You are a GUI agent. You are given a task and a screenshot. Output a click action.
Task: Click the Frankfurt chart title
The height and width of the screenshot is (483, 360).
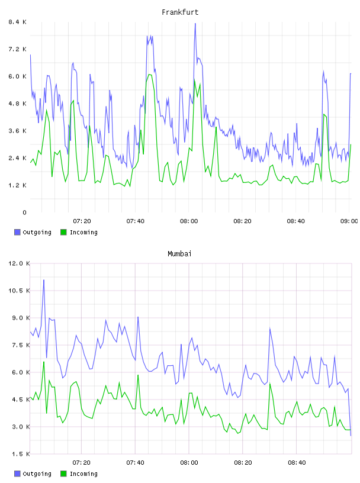[x=180, y=12]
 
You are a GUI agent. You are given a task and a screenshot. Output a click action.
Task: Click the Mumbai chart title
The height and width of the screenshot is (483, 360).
[x=179, y=253]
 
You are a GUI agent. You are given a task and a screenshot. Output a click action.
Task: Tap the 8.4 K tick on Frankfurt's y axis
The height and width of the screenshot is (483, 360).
[x=17, y=22]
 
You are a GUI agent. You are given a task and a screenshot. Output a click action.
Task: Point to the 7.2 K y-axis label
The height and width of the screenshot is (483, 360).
[x=17, y=49]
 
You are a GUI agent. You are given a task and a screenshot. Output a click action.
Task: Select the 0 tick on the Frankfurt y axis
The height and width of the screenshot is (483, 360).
[x=24, y=212]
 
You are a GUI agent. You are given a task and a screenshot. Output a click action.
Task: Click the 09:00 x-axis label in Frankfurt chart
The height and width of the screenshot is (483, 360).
[x=349, y=221]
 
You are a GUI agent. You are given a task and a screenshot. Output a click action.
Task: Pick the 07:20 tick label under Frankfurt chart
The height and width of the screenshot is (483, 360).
[x=82, y=221]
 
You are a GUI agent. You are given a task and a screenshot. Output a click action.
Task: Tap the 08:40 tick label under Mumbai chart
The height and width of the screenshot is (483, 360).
[x=297, y=462]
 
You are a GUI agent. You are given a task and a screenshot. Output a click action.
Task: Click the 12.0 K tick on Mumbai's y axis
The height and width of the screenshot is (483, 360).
[x=19, y=263]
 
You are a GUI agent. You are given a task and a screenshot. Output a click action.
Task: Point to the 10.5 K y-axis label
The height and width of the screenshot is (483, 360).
[x=19, y=291]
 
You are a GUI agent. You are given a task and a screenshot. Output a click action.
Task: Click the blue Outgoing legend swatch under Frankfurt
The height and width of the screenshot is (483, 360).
[x=17, y=232]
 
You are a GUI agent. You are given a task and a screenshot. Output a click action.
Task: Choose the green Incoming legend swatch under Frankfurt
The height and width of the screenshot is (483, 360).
[x=63, y=232]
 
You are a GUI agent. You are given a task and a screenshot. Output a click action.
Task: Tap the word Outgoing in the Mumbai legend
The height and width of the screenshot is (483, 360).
[x=37, y=474]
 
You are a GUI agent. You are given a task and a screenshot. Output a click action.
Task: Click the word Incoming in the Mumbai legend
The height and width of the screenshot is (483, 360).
[x=83, y=474]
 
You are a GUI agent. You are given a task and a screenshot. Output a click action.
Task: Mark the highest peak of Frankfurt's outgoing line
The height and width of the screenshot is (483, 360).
[x=195, y=24]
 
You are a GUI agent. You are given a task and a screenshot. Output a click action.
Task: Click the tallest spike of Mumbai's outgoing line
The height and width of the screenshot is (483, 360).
[x=44, y=280]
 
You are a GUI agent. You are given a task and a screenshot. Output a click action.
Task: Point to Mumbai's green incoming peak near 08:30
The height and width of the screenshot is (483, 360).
[x=270, y=384]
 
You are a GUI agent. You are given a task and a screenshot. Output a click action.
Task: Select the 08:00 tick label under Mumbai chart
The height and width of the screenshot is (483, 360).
[x=189, y=462]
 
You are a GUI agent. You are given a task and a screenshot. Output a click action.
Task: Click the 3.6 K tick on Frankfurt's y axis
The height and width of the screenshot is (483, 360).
[x=17, y=131]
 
